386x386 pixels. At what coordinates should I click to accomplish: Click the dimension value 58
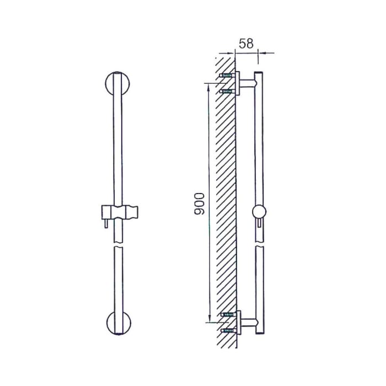pyautogui.click(x=246, y=44)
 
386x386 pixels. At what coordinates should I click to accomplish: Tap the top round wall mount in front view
pyautogui.click(x=117, y=85)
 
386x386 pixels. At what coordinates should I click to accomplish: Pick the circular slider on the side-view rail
pyautogui.click(x=258, y=211)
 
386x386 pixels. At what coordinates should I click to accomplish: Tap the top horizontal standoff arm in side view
pyautogui.click(x=248, y=83)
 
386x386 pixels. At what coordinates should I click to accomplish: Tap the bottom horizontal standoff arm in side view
pyautogui.click(x=248, y=322)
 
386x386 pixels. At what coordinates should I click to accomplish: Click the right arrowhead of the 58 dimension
pyautogui.click(x=261, y=53)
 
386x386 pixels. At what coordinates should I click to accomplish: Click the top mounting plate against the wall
pyautogui.click(x=238, y=83)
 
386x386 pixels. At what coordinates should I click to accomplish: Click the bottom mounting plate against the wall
pyautogui.click(x=238, y=323)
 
